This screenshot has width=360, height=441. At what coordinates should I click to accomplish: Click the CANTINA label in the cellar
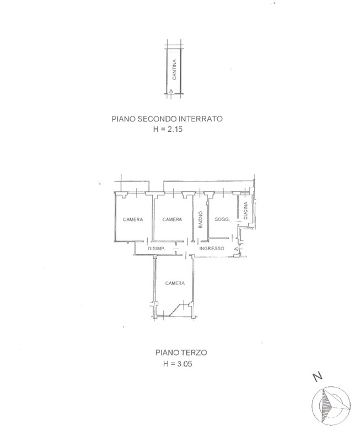coord(174,69)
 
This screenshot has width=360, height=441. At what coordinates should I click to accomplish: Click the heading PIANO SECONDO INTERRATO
coord(167,119)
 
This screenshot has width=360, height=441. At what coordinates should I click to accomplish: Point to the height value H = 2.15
coord(168,129)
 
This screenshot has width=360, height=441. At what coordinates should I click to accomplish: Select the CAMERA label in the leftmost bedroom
coord(133,219)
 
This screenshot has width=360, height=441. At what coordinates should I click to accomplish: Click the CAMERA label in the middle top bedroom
coord(172,219)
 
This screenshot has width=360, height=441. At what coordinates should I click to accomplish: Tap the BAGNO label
coord(201,219)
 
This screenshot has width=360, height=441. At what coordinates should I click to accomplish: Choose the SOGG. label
coord(222,219)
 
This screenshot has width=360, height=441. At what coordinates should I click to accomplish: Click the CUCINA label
coord(245,211)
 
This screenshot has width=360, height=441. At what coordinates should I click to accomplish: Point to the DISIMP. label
coord(157,249)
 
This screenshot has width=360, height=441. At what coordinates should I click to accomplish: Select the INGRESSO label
coord(212,249)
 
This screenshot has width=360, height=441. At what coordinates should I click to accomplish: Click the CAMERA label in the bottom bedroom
coord(175,283)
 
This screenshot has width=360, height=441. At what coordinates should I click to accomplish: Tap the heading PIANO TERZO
coord(181,352)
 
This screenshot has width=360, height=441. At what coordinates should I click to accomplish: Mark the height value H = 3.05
coord(178,364)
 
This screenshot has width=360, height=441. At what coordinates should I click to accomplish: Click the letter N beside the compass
coord(318,377)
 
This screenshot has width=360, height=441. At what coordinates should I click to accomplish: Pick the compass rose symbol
coord(331,406)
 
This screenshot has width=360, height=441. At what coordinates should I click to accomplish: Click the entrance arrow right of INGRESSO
coord(237,249)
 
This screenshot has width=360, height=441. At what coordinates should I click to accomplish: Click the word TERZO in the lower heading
coord(194,352)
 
